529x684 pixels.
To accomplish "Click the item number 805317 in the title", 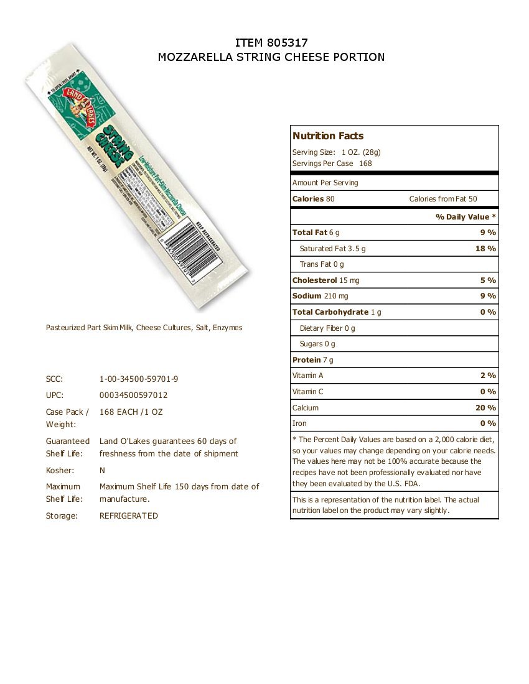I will pyautogui.click(x=288, y=42).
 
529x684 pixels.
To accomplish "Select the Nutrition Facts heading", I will pyautogui.click(x=328, y=136).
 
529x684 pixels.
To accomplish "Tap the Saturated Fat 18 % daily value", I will pyautogui.click(x=486, y=248).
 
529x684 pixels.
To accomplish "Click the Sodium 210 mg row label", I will pyautogui.click(x=321, y=296).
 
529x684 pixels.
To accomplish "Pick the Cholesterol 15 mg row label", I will pyautogui.click(x=325, y=280).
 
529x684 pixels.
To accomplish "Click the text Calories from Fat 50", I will pyautogui.click(x=443, y=199).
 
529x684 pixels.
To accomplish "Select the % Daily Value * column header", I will pyautogui.click(x=466, y=217).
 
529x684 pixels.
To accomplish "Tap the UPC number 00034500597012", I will pyautogui.click(x=133, y=395).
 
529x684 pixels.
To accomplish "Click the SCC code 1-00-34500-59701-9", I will pyautogui.click(x=143, y=379).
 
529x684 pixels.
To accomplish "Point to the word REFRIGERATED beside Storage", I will pyautogui.click(x=129, y=515).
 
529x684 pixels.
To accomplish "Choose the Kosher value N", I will pyautogui.click(x=102, y=471).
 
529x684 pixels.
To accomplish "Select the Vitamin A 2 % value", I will pyautogui.click(x=489, y=376).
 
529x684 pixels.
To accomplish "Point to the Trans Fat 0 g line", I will pyautogui.click(x=321, y=264).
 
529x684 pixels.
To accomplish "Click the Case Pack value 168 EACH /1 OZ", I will pyautogui.click(x=131, y=412).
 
